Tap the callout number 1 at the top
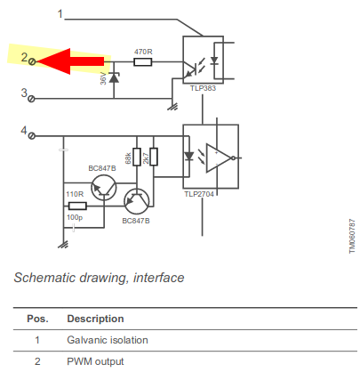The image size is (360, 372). (x=60, y=14)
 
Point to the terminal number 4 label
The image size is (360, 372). (x=24, y=132)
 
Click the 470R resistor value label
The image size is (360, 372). (x=142, y=51)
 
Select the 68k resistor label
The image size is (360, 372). (x=128, y=157)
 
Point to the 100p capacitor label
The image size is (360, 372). (x=74, y=215)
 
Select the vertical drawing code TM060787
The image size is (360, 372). (x=350, y=235)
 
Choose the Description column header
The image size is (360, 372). (x=95, y=318)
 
